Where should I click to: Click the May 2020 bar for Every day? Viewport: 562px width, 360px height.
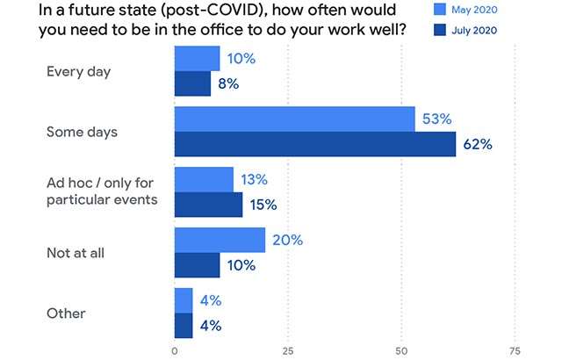pos(198,59)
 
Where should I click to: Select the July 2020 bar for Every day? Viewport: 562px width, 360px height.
pos(193,84)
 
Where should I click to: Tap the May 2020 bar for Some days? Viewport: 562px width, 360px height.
pos(295,119)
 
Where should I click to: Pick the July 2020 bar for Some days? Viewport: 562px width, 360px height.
pos(315,144)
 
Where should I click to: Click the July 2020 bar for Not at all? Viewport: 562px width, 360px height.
pos(198,265)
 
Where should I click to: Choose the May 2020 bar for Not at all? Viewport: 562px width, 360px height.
pos(220,240)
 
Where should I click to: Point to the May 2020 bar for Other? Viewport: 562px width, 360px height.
pos(184,300)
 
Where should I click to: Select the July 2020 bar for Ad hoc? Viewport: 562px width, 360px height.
pos(209,205)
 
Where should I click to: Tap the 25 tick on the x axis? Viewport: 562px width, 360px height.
pos(288,349)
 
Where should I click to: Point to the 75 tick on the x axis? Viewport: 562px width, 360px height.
pos(515,349)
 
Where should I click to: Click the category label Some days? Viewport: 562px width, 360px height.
pos(82,132)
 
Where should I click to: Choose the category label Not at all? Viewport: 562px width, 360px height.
pos(77,253)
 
